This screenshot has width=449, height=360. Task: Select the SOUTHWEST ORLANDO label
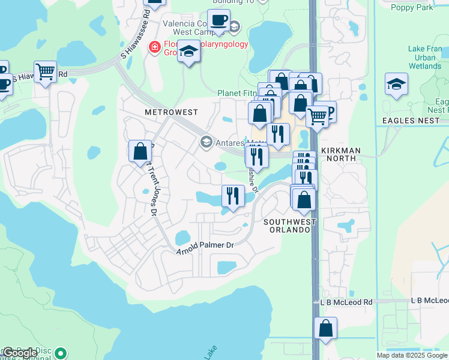point(289,226)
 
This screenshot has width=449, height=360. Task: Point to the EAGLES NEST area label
point(408,121)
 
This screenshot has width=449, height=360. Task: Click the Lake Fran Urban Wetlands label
point(424,58)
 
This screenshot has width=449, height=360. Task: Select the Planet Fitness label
point(238,94)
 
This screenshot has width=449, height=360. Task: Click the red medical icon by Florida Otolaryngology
point(155,47)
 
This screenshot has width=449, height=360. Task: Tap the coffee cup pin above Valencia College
point(218,20)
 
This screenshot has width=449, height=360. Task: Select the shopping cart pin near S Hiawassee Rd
point(45,72)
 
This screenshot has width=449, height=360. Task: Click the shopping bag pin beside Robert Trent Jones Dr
point(140,151)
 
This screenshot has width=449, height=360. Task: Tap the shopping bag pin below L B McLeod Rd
point(325,328)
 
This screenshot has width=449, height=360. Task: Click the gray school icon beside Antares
point(206,142)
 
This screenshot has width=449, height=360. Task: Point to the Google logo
point(20,353)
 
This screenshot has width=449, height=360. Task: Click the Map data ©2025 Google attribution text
point(412,355)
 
